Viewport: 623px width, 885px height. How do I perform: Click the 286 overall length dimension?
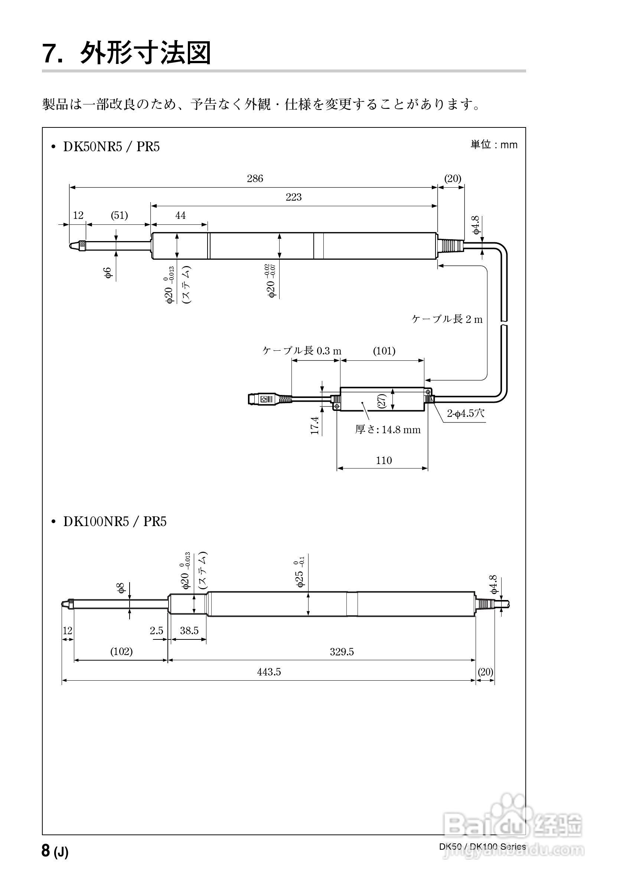tap(255, 178)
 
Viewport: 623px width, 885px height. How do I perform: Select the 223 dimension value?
tap(293, 197)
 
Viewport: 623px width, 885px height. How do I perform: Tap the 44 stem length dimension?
tap(180, 215)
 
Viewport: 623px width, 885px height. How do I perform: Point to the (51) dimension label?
tap(119, 215)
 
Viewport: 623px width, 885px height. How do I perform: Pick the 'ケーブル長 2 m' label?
tap(447, 319)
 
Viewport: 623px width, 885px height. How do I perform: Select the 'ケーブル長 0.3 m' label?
tap(302, 351)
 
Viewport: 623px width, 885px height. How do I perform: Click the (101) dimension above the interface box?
tap(384, 351)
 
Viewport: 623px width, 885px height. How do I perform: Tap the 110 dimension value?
tap(384, 460)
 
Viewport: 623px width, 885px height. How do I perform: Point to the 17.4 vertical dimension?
tap(315, 425)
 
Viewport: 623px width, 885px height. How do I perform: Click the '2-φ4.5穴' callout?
tap(466, 414)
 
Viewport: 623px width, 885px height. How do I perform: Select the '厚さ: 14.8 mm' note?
tap(388, 429)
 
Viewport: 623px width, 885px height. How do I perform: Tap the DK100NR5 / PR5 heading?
tap(114, 522)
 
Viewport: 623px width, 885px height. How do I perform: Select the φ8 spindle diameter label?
tap(121, 588)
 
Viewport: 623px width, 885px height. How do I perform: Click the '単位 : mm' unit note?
tap(493, 145)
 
